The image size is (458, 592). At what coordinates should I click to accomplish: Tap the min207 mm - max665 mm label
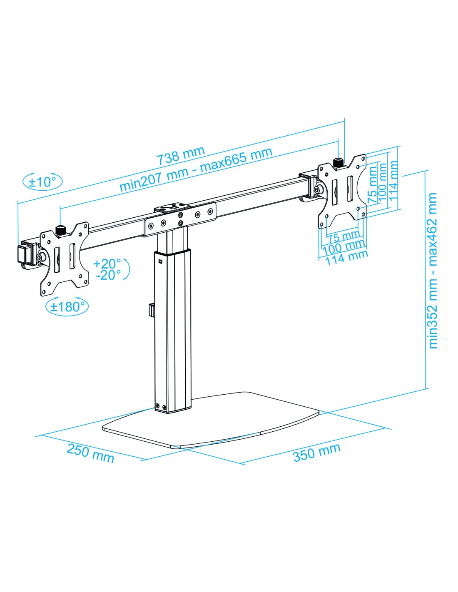pos(196,170)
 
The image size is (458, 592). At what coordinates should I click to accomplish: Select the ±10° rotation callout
pos(42,182)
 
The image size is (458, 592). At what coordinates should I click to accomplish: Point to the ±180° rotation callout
pos(67,306)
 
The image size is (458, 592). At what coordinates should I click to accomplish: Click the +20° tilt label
pos(107,263)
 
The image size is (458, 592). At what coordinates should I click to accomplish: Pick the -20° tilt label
pos(108,275)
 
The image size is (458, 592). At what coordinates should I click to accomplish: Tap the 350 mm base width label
pos(316,452)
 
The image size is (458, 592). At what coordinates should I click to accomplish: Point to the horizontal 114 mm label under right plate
pos(346,257)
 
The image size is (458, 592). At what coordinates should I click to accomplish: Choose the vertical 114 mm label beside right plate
pos(393,180)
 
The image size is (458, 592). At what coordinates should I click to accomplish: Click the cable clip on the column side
pos(152,311)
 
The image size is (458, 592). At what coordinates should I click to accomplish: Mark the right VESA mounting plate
pos(343,192)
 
